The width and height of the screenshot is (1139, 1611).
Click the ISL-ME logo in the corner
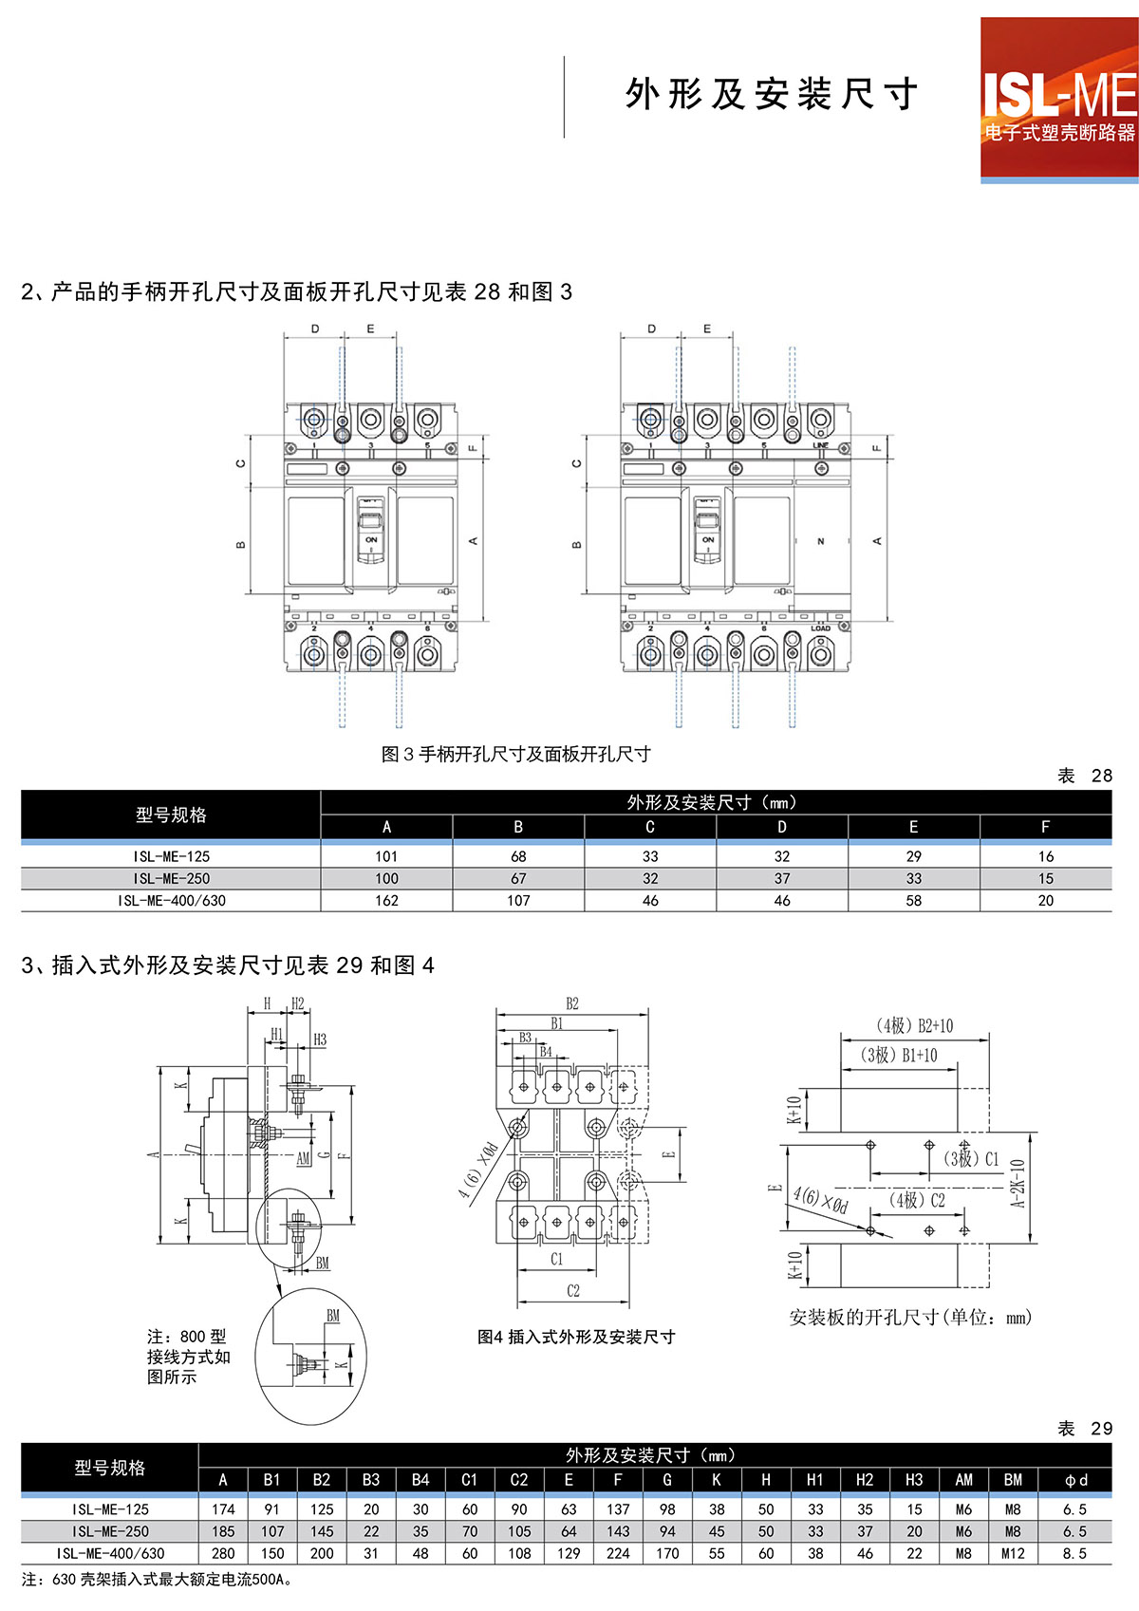click(x=1058, y=99)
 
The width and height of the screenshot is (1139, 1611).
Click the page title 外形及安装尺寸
click(x=771, y=94)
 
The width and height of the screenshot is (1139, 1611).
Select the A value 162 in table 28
click(x=386, y=901)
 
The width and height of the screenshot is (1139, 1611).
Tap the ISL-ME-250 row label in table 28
click(x=171, y=879)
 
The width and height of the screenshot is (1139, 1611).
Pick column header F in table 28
click(x=1045, y=828)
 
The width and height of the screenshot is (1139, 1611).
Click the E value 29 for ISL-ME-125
click(x=913, y=856)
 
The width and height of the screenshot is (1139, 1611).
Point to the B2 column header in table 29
click(x=322, y=1480)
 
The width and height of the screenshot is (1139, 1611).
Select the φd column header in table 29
click(x=1075, y=1480)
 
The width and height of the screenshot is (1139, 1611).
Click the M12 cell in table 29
click(x=1013, y=1554)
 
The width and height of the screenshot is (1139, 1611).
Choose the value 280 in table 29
click(x=223, y=1554)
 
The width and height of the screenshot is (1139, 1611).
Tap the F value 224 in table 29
click(x=618, y=1554)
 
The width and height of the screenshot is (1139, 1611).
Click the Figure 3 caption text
click(x=515, y=755)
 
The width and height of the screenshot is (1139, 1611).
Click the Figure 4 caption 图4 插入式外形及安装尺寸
click(x=576, y=1337)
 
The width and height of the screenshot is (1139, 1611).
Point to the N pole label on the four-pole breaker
click(x=821, y=541)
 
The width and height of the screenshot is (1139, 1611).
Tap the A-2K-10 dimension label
click(x=1018, y=1183)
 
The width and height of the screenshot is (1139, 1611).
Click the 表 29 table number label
click(x=1085, y=1429)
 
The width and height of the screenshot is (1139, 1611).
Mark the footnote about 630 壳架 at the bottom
click(x=158, y=1580)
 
